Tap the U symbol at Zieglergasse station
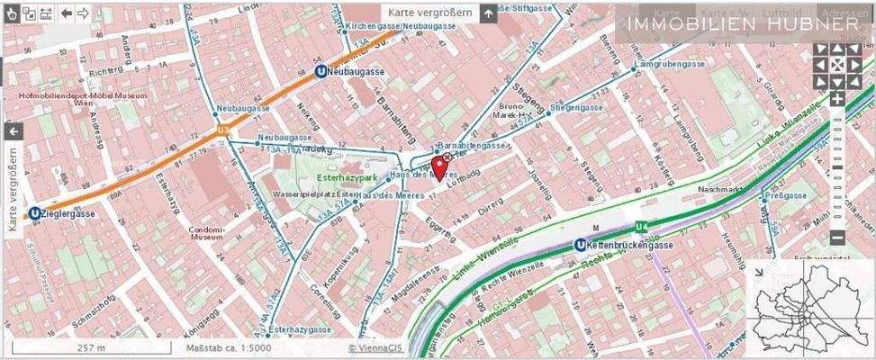click(34, 213)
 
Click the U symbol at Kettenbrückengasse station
click(580, 246)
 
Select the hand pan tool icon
click(11, 13)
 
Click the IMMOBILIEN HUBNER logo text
click(742, 24)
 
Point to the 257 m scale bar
click(90, 347)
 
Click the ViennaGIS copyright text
click(376, 347)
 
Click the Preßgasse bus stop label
click(787, 194)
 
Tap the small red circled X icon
click(447, 157)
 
